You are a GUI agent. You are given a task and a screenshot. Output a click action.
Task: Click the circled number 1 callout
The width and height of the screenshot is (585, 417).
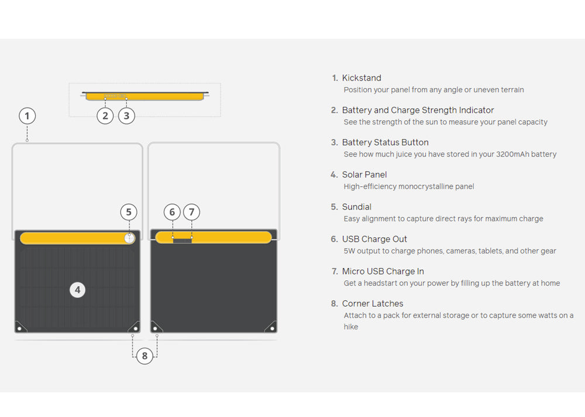tap(27, 116)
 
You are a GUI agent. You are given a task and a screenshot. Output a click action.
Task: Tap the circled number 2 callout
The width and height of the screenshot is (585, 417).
tap(105, 116)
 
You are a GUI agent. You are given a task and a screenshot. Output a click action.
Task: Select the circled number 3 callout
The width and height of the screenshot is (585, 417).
tap(126, 116)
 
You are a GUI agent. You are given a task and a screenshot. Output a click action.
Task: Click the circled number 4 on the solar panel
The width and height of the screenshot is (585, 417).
tap(78, 290)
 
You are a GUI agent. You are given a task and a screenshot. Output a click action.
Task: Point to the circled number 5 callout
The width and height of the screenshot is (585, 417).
tap(129, 212)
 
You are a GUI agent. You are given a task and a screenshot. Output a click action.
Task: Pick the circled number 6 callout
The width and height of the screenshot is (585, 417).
tap(172, 212)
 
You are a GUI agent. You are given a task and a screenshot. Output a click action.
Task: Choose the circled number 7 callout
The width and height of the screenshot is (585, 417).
tap(192, 212)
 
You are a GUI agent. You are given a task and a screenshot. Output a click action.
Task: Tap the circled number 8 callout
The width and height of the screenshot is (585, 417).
tap(144, 356)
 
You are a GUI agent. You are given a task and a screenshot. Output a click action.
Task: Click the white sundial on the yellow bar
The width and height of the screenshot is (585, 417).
tap(129, 238)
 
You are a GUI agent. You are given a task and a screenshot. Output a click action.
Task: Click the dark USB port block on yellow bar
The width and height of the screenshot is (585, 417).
tap(182, 241)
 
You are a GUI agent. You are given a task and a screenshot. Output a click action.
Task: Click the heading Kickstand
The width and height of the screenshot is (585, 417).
tap(362, 78)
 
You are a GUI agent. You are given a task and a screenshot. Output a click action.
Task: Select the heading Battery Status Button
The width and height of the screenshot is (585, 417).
tap(385, 143)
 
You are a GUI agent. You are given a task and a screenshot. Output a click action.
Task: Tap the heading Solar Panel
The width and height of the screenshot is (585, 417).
tap(364, 175)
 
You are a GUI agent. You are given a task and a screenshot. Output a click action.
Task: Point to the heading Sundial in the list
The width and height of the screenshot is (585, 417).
tap(357, 207)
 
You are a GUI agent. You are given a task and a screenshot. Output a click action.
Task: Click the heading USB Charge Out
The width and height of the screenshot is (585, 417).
tap(374, 239)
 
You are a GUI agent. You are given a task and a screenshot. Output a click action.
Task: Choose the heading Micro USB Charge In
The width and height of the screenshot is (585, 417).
tap(383, 271)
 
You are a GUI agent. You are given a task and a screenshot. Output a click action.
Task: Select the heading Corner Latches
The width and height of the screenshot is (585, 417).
tap(372, 304)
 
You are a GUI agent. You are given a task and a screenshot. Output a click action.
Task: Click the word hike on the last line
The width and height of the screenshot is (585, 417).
tap(350, 326)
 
